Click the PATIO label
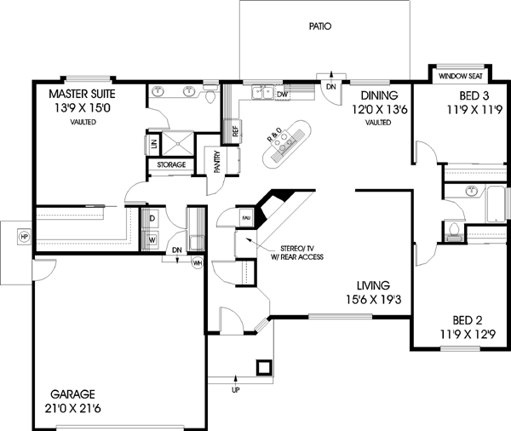pos(319,27)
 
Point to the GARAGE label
pos(72,394)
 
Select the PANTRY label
pos(216,161)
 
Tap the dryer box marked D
pos(152,219)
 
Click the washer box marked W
pos(152,239)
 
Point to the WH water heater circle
pos(197,262)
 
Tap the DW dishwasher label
pos(281,95)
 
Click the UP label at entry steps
pos(235,389)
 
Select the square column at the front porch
pos(265,367)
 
